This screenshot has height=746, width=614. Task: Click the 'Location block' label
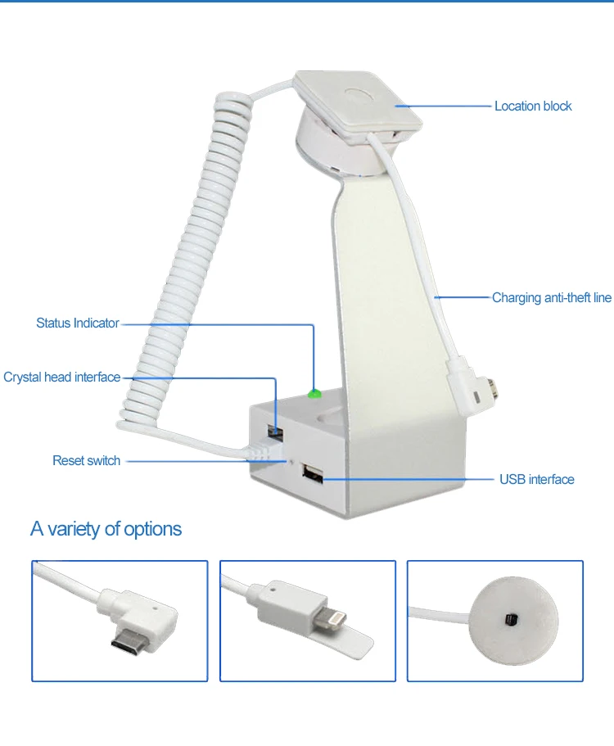533,106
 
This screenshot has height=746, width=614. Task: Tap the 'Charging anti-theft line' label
551,298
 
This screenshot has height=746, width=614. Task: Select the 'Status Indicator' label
78,323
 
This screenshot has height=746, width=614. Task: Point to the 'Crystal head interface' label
62,378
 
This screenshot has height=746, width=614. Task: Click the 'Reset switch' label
86,461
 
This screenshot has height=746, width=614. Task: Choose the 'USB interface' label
536,479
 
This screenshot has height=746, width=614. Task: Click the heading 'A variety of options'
106,529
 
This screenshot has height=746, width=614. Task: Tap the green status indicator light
314,394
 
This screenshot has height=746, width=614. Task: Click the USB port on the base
311,473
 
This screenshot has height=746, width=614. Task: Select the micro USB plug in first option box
131,640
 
